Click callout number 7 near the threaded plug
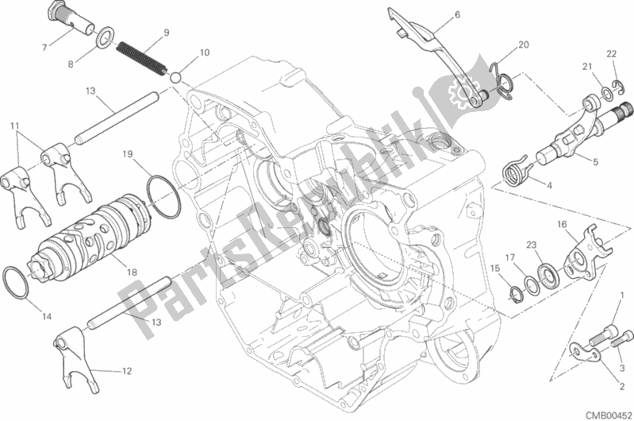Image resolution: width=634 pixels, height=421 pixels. (45, 48)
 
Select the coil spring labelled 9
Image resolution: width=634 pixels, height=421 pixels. (141, 59)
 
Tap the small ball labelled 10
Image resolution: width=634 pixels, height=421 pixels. (175, 77)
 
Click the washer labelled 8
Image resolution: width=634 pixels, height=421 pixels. (104, 37)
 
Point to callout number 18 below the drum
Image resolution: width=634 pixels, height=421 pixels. (132, 272)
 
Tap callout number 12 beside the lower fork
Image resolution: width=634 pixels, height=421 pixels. (126, 371)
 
